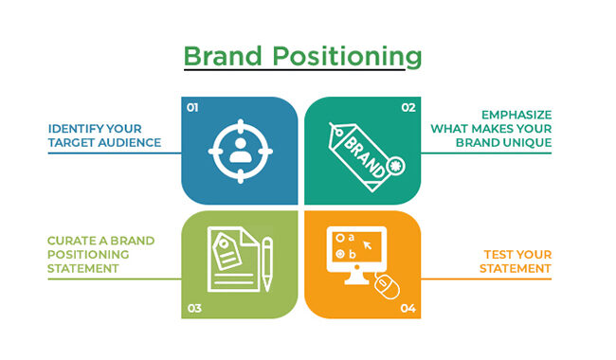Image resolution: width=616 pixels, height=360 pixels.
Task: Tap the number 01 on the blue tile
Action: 191,108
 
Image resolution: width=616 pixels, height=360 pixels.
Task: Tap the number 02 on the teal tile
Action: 408,108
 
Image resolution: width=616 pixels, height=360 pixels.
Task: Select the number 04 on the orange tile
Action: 408,307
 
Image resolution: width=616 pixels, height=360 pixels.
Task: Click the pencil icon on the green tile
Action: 267,261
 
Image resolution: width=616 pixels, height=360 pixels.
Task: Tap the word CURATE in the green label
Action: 72,241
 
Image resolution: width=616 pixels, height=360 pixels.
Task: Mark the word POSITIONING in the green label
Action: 88,255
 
